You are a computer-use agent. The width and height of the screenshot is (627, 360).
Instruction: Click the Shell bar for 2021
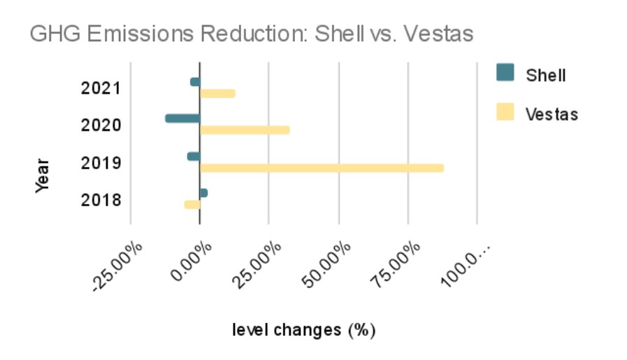click(x=195, y=82)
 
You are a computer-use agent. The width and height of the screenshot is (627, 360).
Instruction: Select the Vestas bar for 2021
click(x=217, y=94)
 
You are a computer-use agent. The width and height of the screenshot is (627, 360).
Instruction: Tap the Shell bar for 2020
click(x=182, y=118)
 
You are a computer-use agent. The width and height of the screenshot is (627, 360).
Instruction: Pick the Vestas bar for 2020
click(x=245, y=130)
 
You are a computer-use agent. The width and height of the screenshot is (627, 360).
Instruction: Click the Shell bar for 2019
click(x=194, y=157)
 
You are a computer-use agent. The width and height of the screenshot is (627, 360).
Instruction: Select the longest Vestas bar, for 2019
click(x=322, y=168)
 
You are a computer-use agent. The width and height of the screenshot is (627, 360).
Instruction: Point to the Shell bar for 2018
click(x=203, y=193)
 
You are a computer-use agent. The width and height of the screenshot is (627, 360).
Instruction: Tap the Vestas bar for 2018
click(x=192, y=204)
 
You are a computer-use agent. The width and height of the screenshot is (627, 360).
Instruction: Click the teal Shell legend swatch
click(x=505, y=73)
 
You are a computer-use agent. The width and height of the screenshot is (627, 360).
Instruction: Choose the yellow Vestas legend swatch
click(x=505, y=112)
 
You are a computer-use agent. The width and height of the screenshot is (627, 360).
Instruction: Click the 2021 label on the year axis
click(x=101, y=88)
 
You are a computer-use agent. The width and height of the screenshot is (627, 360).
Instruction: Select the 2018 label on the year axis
click(x=101, y=200)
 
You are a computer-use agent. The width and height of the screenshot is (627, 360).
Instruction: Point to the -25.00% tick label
click(x=117, y=266)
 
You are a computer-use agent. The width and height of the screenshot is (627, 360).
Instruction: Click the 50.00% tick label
click(x=326, y=264)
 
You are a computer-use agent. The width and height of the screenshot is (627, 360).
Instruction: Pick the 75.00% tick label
click(x=396, y=264)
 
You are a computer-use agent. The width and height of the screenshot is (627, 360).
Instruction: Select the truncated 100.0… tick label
click(x=466, y=264)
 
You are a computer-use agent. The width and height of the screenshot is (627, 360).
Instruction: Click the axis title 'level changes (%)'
click(x=304, y=331)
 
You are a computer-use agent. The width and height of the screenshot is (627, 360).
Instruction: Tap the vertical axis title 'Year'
click(x=42, y=176)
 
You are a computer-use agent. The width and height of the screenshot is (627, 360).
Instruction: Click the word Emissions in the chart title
click(x=140, y=33)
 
